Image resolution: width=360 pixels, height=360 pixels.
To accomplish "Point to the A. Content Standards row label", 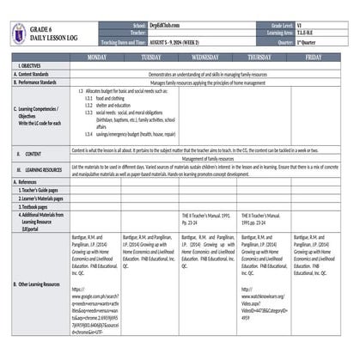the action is click(x=35, y=74).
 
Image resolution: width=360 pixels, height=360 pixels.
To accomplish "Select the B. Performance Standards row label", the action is click(x=39, y=82).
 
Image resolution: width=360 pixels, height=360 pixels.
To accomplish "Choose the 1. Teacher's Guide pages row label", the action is click(x=40, y=190).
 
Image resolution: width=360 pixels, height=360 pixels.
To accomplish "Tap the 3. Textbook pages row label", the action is click(x=34, y=206).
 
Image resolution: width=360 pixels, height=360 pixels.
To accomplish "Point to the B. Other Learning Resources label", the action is click(x=39, y=283).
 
